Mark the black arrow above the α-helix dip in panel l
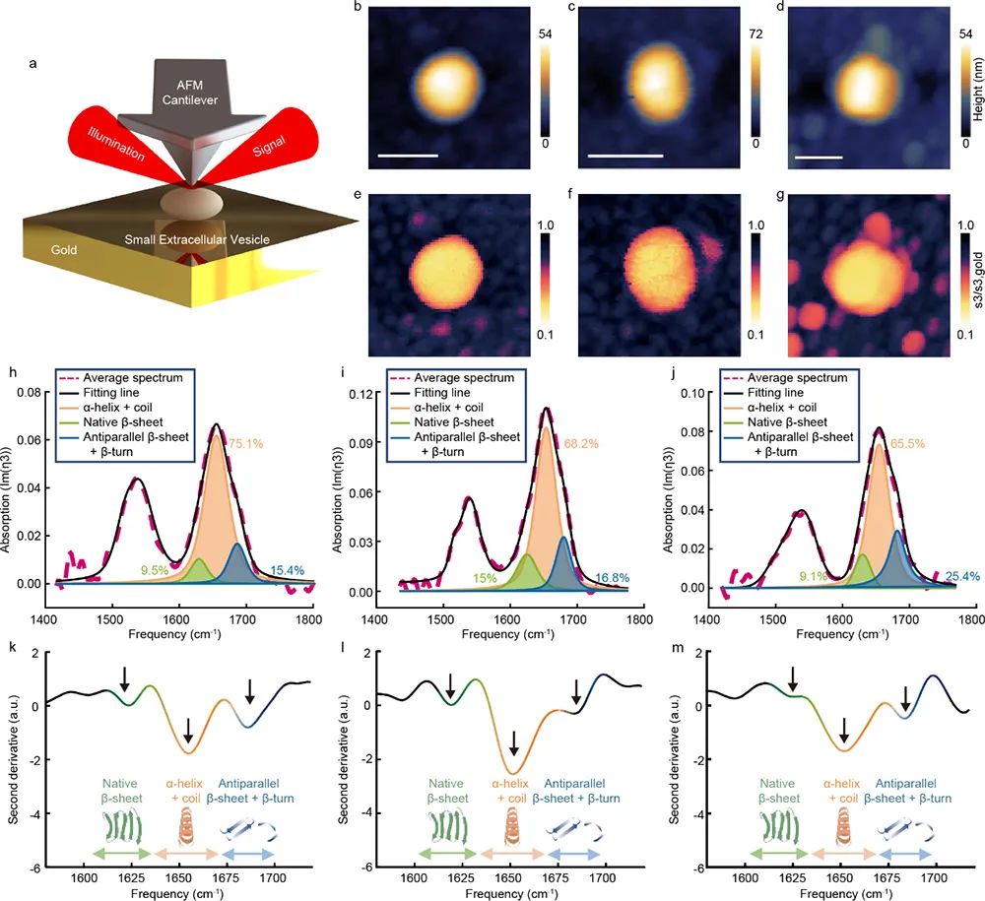pyautogui.click(x=513, y=740)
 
